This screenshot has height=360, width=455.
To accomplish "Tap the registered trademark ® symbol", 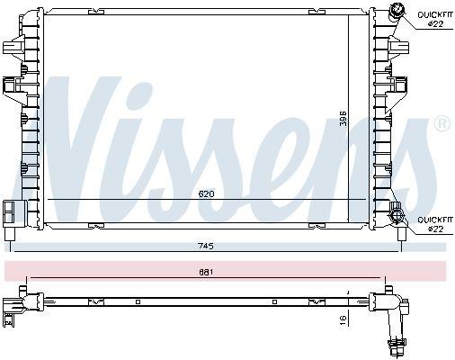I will [442, 123].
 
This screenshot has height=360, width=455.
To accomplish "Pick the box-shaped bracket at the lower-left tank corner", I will [11, 211].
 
